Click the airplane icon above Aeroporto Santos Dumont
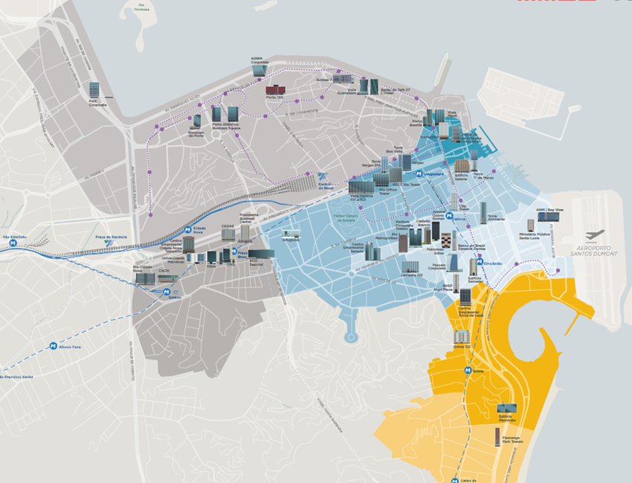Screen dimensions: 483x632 [594, 236]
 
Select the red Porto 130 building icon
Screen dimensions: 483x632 [275, 90]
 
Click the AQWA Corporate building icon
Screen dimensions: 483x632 [258, 70]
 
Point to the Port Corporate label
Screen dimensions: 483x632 [97, 104]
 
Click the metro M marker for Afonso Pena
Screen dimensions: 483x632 [54, 346]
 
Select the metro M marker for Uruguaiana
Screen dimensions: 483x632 [419, 173]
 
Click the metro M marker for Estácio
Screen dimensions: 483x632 [167, 292]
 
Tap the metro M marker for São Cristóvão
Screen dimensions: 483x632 [13, 243]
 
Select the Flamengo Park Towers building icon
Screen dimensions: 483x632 [497, 435]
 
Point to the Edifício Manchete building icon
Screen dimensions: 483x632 [507, 409]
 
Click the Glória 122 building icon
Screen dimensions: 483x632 [461, 337]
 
